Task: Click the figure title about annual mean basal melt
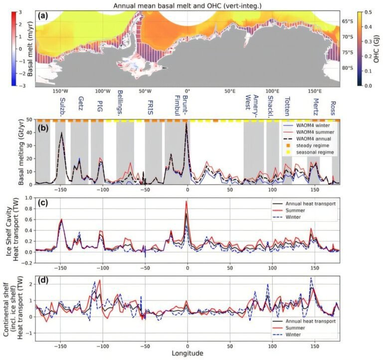[x=191, y=5]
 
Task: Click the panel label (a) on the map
[x=41, y=15]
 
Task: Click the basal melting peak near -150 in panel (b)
[x=62, y=132]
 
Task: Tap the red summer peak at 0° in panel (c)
[x=187, y=202]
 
